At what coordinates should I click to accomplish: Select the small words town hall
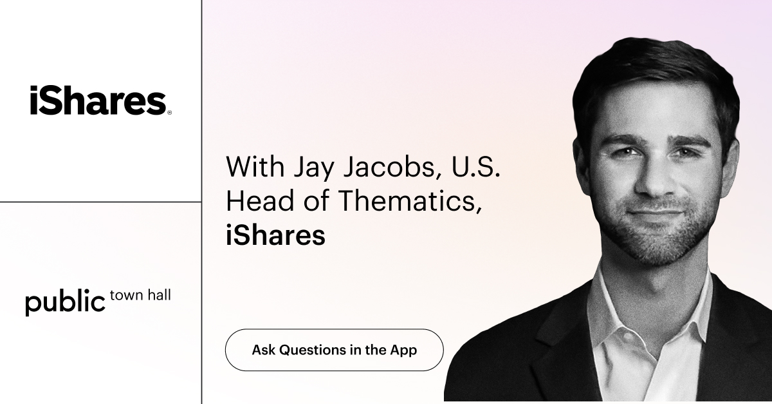tap(140, 296)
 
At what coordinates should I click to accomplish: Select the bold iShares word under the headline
tap(275, 235)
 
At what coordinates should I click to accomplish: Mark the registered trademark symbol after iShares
tap(169, 112)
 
